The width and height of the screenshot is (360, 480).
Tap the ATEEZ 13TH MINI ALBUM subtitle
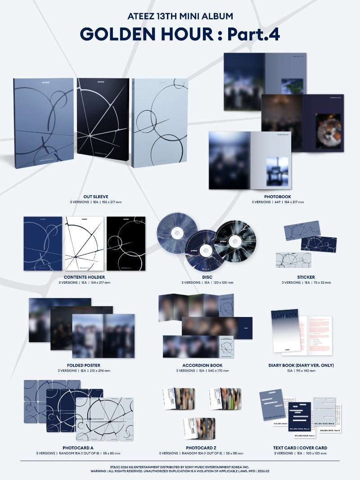point(180,16)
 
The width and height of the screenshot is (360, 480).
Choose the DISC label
point(207,277)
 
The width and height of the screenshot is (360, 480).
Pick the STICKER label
point(306,277)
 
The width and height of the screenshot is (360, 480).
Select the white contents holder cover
point(84,243)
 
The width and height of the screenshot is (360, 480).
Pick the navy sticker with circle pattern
point(319,244)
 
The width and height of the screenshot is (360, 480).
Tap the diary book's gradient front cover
point(285,331)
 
